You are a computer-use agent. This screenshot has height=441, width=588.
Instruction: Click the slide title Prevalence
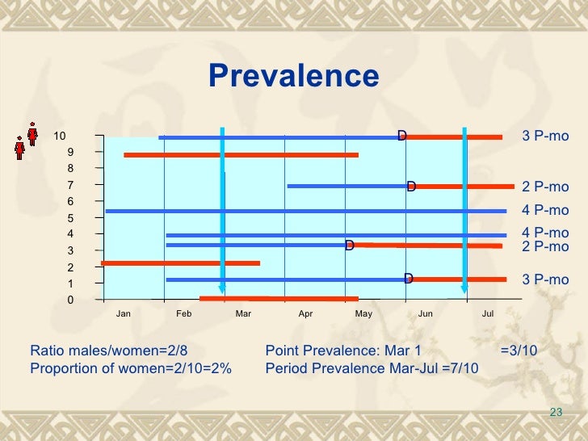[x=293, y=76]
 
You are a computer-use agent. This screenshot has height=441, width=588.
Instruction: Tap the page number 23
[x=555, y=413]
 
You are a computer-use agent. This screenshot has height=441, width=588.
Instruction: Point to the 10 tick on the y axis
[x=61, y=136]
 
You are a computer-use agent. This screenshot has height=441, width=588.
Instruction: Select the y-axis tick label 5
[x=70, y=218]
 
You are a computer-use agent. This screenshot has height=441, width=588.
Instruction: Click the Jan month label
[x=124, y=313]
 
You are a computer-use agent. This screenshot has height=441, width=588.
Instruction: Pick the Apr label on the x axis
[x=305, y=313]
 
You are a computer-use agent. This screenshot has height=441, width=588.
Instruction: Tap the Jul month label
[x=487, y=313]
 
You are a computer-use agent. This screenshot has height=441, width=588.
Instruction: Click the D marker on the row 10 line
[x=401, y=135]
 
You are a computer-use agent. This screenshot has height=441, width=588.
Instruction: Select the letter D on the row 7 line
[x=411, y=187]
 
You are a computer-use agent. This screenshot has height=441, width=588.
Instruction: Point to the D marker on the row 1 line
[x=409, y=279]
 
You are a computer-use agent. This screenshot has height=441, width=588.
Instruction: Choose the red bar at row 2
[x=180, y=262]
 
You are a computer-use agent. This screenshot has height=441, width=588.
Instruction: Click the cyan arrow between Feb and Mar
[x=223, y=210]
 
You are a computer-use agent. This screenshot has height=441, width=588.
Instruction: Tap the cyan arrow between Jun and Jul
[x=464, y=210]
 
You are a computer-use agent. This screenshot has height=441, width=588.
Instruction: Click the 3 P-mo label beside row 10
[x=545, y=136]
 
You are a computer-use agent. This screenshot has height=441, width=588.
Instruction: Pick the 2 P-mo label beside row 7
[x=545, y=187]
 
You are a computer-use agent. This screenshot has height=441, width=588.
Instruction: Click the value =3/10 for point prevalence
[x=519, y=351]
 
